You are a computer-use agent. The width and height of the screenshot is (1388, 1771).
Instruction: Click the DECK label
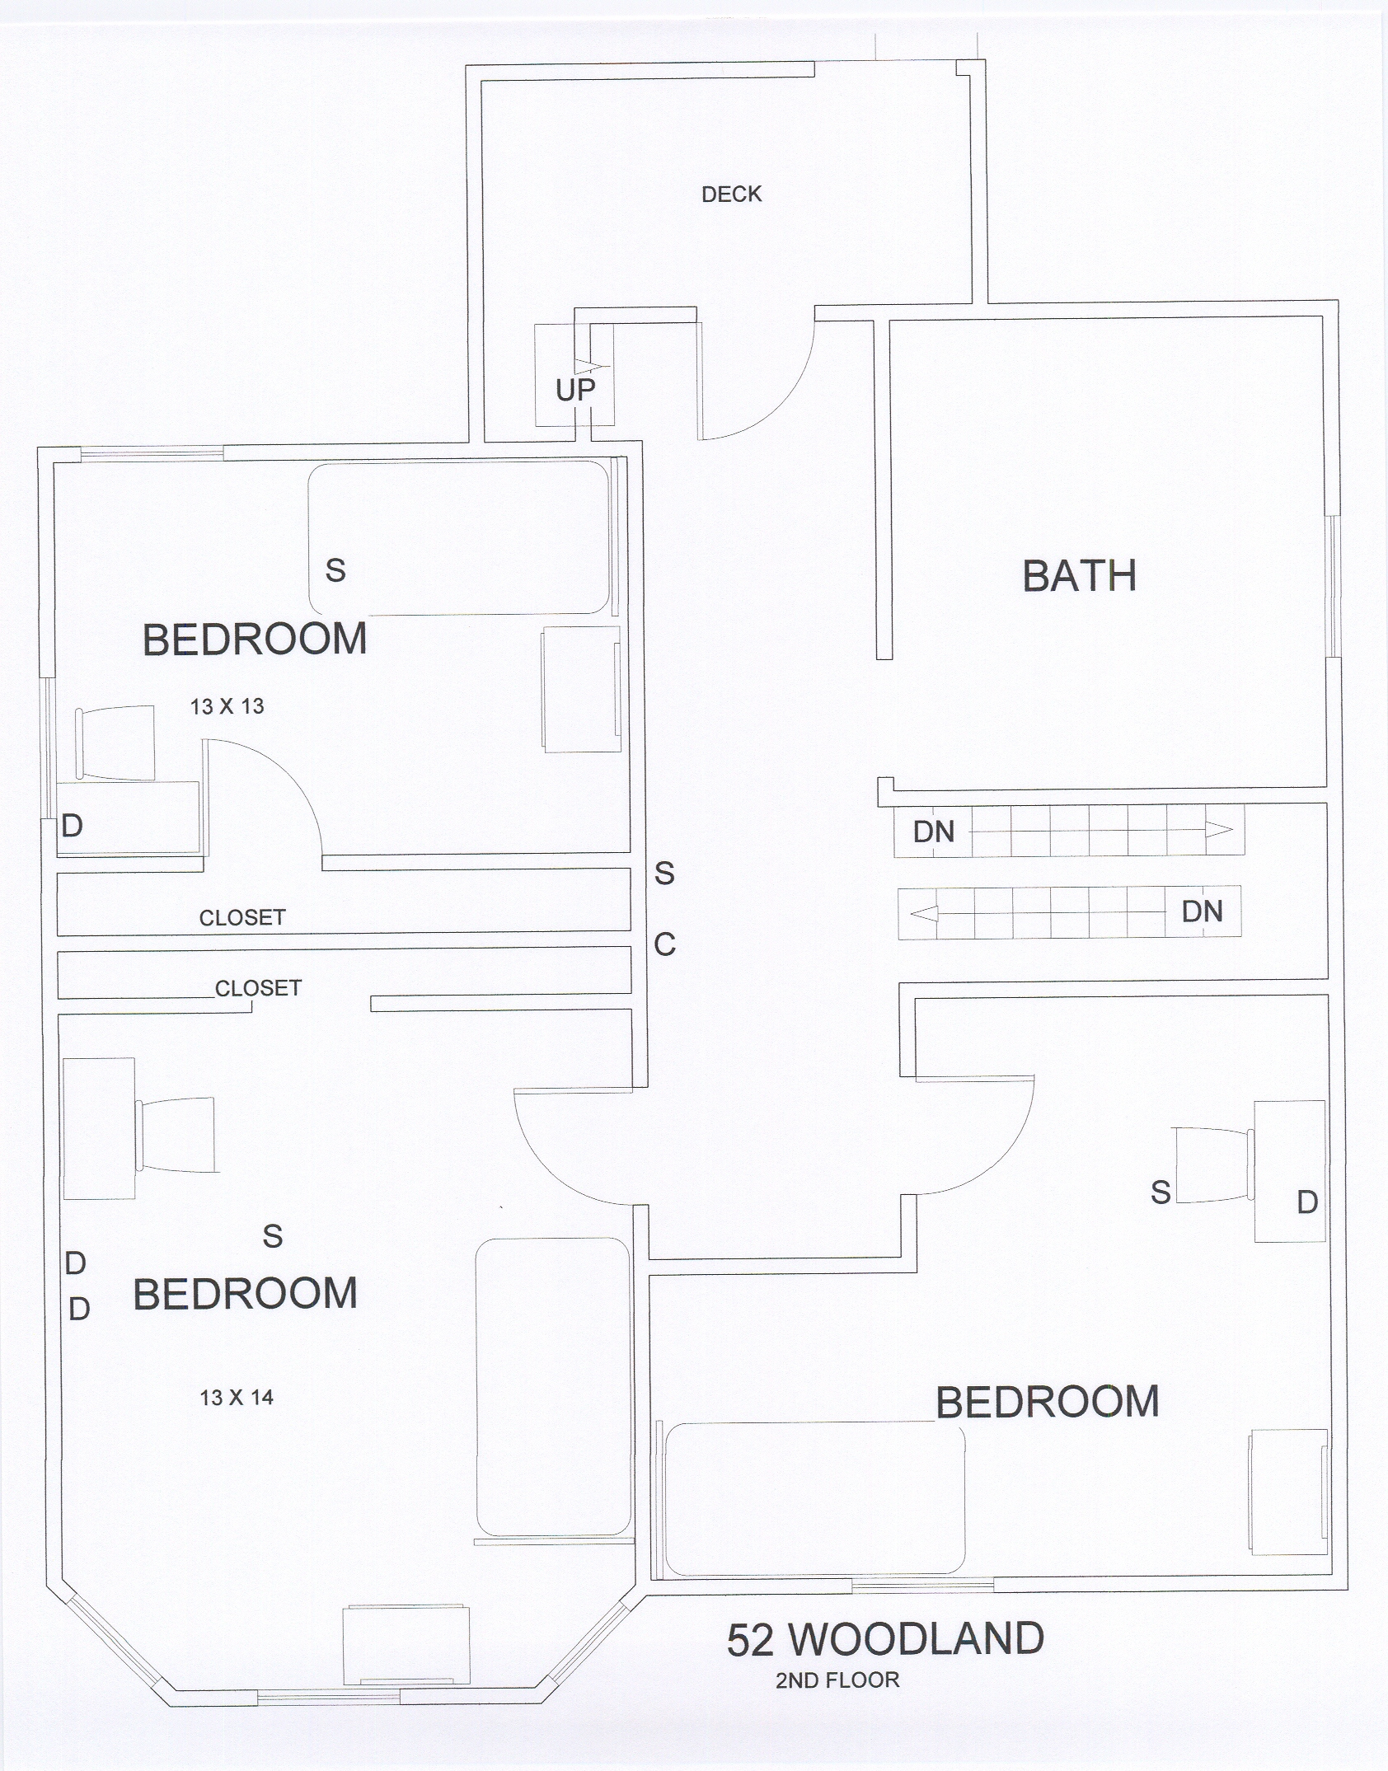732,194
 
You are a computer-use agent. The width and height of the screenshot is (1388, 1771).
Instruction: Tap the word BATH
1080,576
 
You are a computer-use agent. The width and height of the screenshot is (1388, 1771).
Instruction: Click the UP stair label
575,391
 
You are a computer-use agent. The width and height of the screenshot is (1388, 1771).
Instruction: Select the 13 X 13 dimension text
227,706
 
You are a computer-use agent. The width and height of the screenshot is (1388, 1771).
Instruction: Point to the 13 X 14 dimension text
237,1398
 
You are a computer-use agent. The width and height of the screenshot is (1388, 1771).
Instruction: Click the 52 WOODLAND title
885,1639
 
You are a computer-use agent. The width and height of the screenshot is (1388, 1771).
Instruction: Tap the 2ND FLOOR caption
837,1697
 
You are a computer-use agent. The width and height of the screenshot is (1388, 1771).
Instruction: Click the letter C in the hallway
665,944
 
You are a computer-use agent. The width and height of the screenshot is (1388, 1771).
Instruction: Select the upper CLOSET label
242,918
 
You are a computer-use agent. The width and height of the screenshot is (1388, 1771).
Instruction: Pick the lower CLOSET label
258,988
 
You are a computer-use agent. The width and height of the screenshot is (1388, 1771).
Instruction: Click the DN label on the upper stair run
934,832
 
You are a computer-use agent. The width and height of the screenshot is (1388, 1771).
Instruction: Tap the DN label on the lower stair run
1202,911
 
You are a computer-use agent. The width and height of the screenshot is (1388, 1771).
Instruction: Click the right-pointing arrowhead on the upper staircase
1218,829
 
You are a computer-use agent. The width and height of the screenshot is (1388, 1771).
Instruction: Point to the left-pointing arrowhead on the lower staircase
924,914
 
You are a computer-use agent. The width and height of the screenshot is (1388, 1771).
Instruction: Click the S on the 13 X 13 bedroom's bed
335,570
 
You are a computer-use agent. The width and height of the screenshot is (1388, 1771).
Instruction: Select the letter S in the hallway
664,873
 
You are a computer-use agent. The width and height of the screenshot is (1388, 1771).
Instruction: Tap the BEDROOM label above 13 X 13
255,640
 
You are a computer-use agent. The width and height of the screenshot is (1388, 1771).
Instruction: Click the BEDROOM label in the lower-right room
1048,1403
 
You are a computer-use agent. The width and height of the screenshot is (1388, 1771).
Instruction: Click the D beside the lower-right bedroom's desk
1307,1203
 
